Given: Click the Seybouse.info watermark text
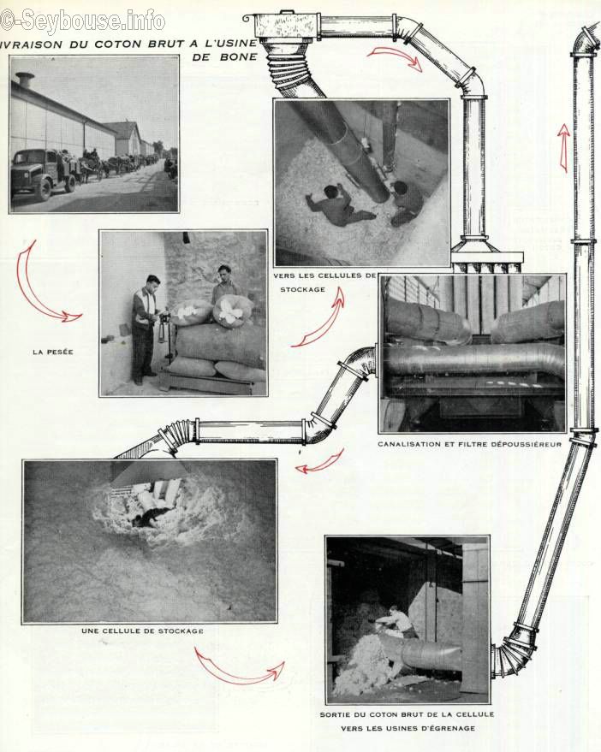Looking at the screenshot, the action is [x=82, y=21].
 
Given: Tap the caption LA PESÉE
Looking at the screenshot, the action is [x=53, y=352].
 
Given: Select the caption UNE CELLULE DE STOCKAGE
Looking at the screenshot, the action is [x=142, y=631].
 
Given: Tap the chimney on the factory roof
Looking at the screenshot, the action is [x=25, y=80].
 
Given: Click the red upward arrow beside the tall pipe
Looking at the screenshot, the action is [x=564, y=148].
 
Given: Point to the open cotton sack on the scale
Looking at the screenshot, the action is [x=234, y=311].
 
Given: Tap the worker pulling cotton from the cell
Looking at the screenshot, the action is [x=396, y=624].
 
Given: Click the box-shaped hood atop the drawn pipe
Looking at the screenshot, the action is [x=287, y=27].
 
